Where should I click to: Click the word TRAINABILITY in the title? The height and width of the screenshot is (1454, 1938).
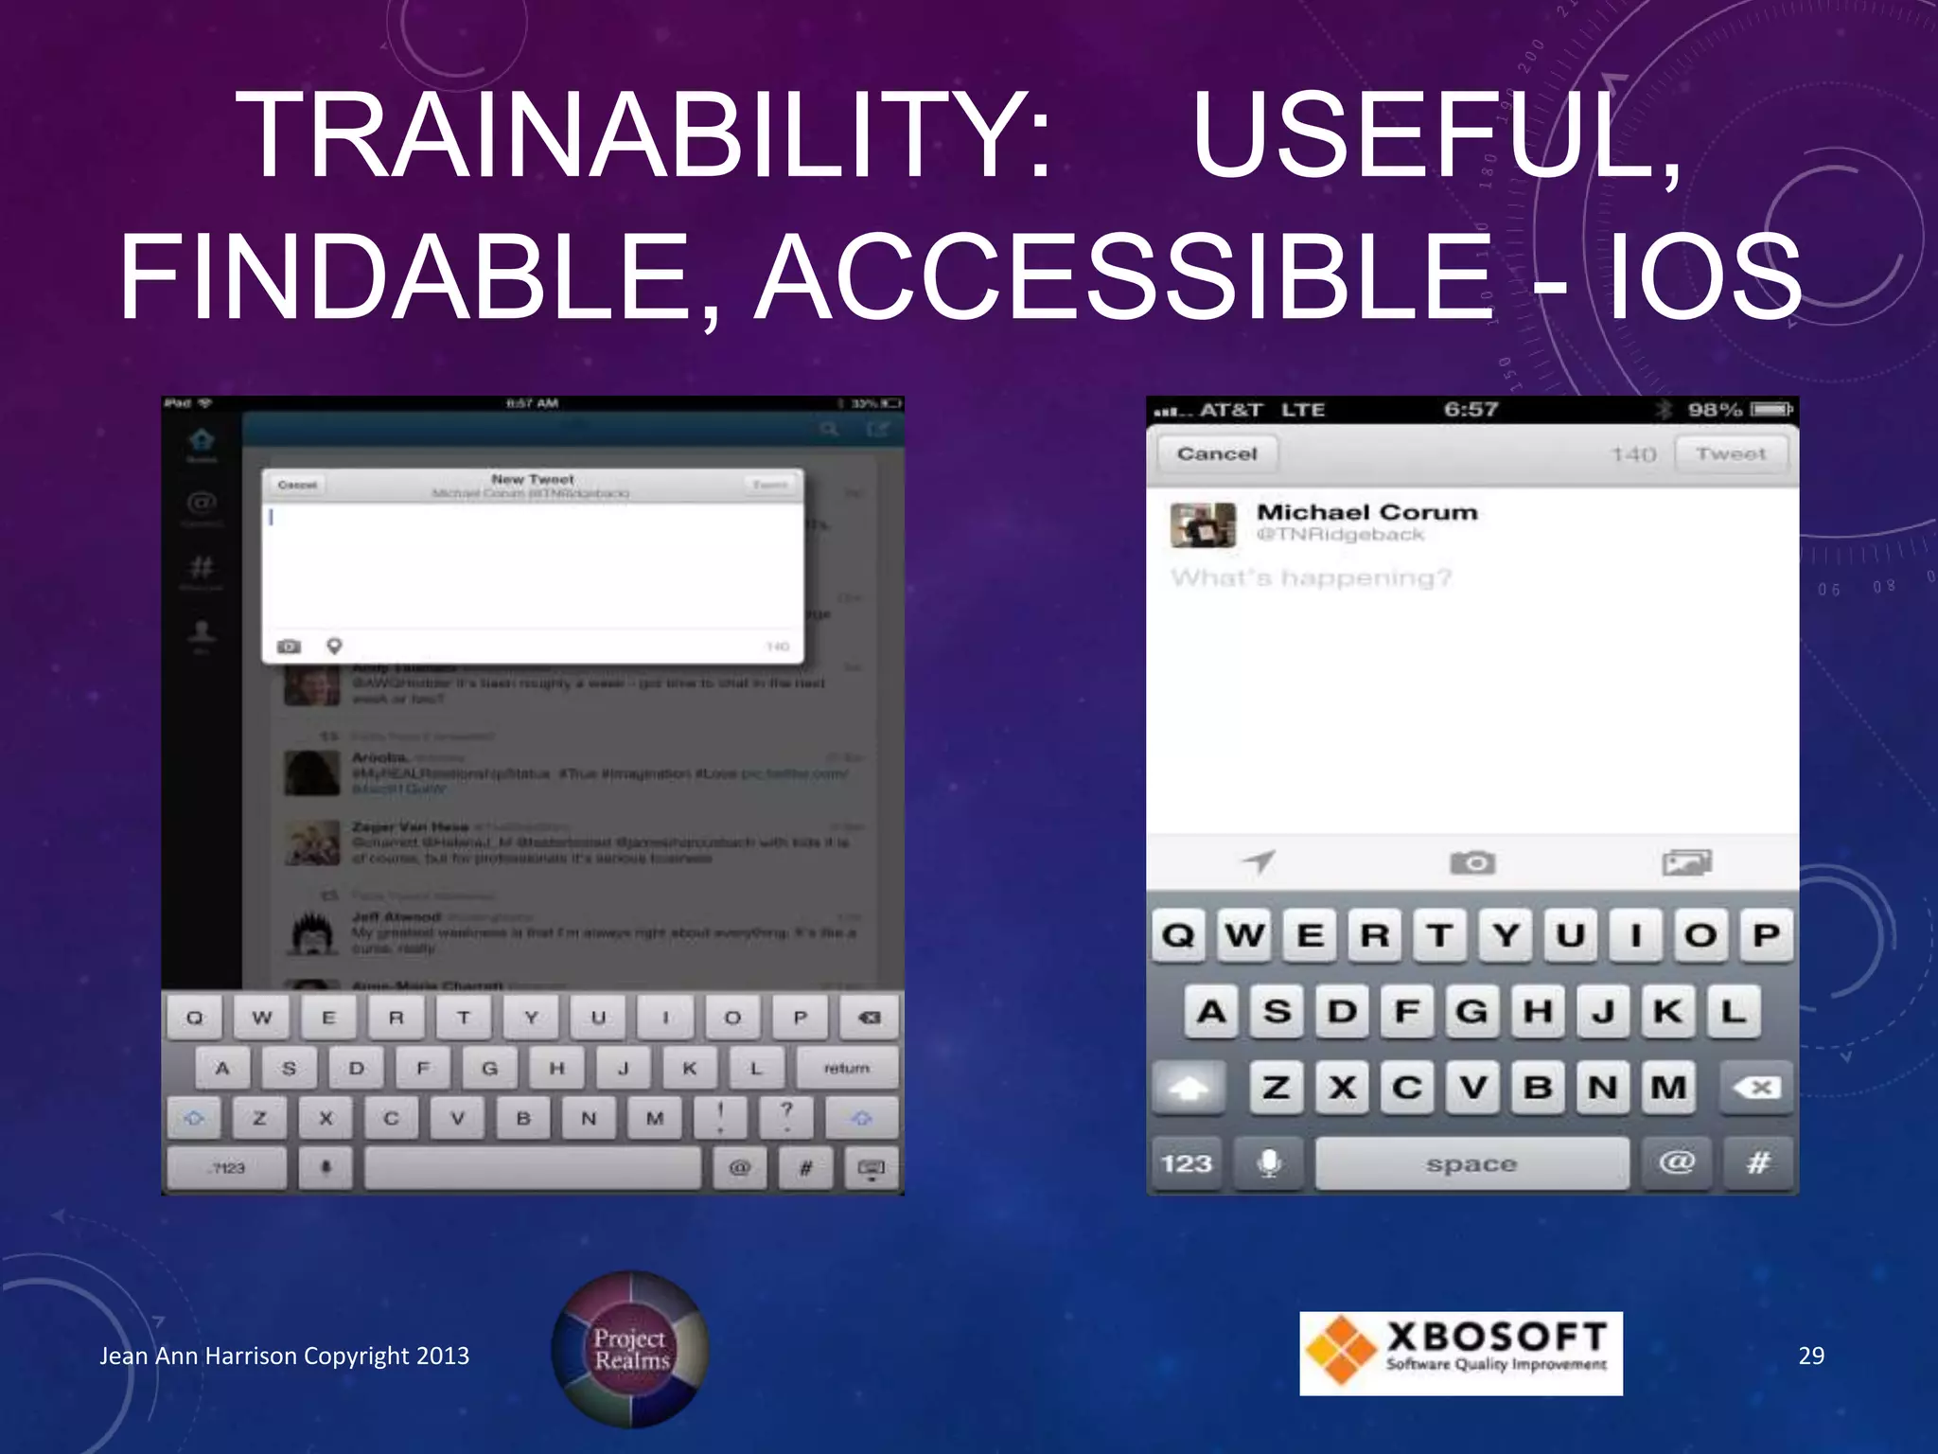click(x=644, y=134)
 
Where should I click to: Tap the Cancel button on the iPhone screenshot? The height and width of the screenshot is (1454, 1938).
click(x=1217, y=454)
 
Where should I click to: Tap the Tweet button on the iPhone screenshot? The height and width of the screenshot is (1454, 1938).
click(x=1731, y=454)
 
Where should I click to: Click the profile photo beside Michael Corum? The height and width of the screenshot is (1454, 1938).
click(x=1203, y=524)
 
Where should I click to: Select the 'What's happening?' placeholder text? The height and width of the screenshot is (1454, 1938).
click(x=1311, y=577)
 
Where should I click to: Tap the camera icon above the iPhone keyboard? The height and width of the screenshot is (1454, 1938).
click(x=1472, y=862)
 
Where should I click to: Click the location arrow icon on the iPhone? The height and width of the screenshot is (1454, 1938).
click(x=1259, y=861)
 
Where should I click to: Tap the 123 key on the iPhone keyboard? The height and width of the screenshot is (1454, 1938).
click(x=1187, y=1163)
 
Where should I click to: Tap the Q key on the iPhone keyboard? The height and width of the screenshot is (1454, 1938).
click(x=1178, y=936)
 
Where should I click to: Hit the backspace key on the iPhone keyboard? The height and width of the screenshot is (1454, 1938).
click(x=1757, y=1088)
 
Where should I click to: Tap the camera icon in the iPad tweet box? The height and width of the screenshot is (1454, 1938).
click(x=289, y=647)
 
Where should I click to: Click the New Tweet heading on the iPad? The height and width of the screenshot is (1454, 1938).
click(x=533, y=480)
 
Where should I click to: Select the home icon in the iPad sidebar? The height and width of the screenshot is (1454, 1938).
click(x=202, y=440)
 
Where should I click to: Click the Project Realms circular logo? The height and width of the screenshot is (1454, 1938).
click(x=630, y=1349)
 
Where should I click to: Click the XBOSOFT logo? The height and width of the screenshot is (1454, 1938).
click(x=1460, y=1353)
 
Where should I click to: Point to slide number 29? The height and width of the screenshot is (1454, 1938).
click(x=1810, y=1356)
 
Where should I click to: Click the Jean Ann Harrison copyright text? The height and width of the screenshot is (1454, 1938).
click(x=285, y=1356)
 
